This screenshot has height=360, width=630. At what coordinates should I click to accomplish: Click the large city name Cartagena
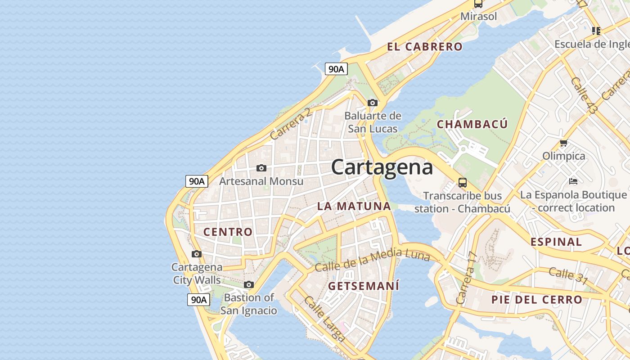tap(382, 167)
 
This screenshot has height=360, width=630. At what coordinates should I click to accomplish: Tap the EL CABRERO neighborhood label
tap(424, 47)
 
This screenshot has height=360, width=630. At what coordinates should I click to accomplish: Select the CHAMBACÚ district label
tap(472, 124)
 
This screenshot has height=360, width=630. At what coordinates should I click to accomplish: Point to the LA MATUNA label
tap(354, 207)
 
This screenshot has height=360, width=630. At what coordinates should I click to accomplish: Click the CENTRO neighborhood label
tap(228, 232)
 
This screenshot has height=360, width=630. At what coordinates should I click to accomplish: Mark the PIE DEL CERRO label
tap(536, 300)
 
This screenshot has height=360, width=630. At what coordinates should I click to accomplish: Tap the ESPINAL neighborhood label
tap(556, 242)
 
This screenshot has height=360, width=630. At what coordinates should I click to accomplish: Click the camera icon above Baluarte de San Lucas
tap(373, 103)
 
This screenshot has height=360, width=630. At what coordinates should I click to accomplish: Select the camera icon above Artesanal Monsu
tap(261, 168)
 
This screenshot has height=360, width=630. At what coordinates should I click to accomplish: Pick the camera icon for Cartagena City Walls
tap(197, 254)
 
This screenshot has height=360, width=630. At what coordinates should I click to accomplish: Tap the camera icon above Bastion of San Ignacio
tap(249, 284)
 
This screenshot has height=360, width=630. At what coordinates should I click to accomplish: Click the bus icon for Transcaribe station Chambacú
tap(463, 183)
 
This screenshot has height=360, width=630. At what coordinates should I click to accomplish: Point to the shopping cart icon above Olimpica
tap(563, 143)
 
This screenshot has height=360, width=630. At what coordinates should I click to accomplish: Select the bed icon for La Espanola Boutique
tap(573, 181)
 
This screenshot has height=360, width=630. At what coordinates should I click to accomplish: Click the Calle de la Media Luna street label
tap(372, 260)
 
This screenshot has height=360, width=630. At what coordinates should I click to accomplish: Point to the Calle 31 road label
tap(568, 275)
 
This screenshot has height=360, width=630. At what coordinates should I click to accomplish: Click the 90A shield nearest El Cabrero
tap(336, 69)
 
